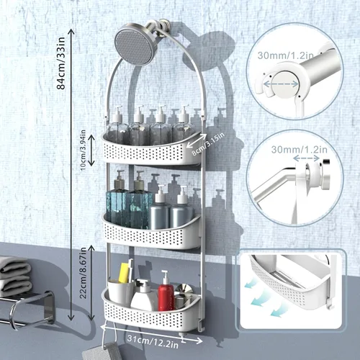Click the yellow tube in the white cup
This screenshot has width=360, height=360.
[124, 274]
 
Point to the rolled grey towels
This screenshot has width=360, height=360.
[14, 271]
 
